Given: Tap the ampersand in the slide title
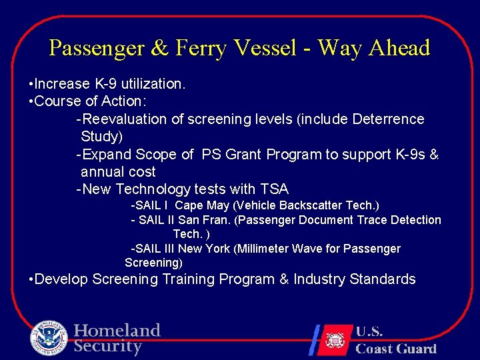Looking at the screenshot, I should [x=159, y=48].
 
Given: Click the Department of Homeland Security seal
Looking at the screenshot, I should [x=49, y=339].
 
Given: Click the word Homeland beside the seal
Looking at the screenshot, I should [x=117, y=331].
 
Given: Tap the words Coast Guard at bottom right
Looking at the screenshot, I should [x=396, y=349].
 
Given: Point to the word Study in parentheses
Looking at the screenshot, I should [x=99, y=137].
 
